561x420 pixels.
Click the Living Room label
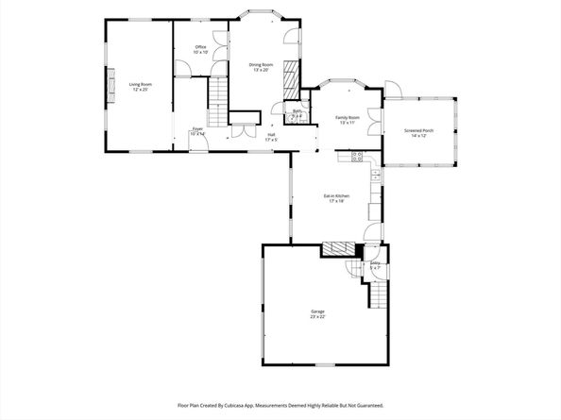click(140, 85)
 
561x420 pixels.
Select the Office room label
click(200, 47)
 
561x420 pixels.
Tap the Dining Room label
click(261, 64)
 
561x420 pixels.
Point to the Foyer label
click(197, 128)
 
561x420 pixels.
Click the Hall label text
click(271, 135)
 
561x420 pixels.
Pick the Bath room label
click(297, 111)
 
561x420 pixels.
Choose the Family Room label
click(348, 118)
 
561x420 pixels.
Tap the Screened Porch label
click(419, 131)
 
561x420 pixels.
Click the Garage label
click(317, 311)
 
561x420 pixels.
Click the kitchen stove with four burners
click(358, 156)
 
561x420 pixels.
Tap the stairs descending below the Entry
click(377, 297)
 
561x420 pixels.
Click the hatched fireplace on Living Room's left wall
click(110, 87)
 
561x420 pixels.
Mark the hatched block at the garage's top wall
click(335, 249)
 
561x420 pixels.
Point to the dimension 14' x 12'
click(419, 137)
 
